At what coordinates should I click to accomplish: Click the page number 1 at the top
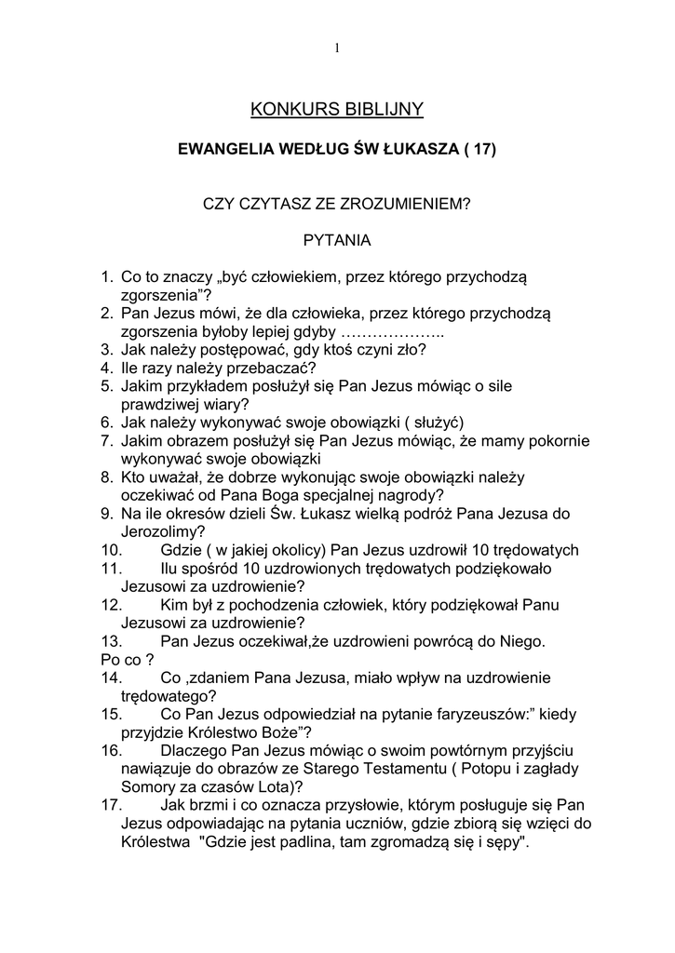coord(337,48)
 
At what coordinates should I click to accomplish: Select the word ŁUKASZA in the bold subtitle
coord(418,149)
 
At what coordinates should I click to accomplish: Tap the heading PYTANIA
coord(337,240)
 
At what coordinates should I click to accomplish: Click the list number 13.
coord(113,641)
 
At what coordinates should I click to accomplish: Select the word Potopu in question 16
coord(516,768)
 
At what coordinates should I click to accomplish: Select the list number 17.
coord(113,805)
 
